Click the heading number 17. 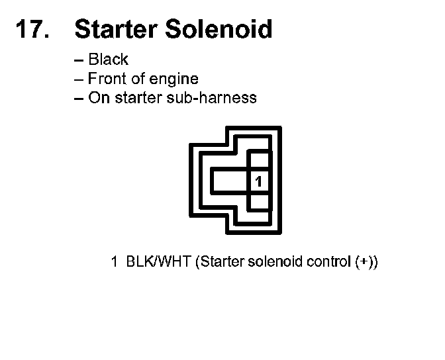click(30, 30)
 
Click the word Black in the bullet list click(108, 60)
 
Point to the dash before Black click(79, 60)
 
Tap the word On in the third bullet click(97, 98)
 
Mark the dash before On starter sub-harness click(79, 99)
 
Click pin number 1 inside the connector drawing click(260, 181)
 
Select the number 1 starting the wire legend click(114, 261)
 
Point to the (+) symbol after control click(365, 261)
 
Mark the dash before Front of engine click(79, 79)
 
